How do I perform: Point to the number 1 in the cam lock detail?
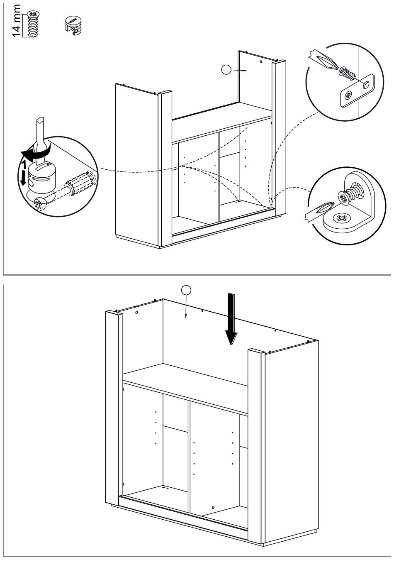pos(24,165)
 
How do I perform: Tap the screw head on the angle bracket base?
pos(342,218)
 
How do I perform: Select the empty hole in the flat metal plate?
pos(366,85)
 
